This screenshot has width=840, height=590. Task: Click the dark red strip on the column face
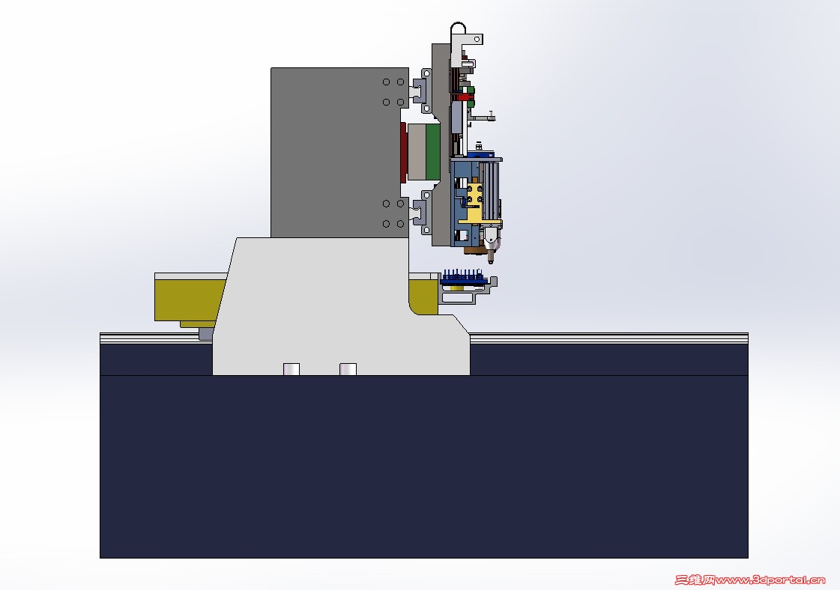(403, 152)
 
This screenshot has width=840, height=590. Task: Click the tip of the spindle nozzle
(492, 262)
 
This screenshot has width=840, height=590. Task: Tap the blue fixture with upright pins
(464, 278)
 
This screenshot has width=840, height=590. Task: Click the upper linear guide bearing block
(420, 91)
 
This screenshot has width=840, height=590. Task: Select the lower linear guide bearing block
(420, 213)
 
